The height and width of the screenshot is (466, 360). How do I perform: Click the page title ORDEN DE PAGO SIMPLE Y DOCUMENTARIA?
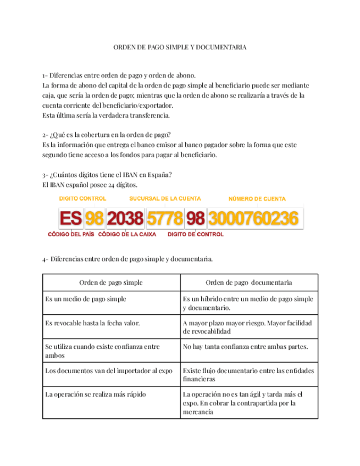pos(180,48)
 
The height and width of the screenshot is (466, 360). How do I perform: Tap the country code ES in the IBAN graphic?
pos(70,219)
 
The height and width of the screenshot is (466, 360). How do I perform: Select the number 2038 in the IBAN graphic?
pos(125,219)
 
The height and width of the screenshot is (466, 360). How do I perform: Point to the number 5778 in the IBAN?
pos(165,219)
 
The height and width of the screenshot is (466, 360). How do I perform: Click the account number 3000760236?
pos(253,219)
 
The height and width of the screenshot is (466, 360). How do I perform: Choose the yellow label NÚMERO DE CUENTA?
pos(257,198)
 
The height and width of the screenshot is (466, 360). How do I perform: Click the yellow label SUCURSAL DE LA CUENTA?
pos(165,198)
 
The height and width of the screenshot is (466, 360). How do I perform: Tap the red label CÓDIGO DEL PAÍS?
pos(71,235)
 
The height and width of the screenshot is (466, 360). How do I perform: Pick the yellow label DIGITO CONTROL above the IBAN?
pos(82,198)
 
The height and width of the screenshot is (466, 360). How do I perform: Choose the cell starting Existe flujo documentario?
pos(248,374)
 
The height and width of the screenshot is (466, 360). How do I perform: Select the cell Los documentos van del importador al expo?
pos(109,370)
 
